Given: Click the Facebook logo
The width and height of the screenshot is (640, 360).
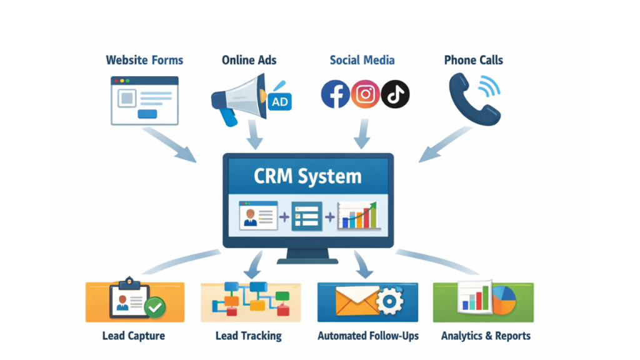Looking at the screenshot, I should tap(335, 94).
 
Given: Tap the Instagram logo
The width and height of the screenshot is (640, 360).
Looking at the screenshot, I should tap(366, 94).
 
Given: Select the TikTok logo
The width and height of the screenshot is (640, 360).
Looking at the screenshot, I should tap(395, 94).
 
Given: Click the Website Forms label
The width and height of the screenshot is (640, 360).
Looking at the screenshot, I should tap(144, 61).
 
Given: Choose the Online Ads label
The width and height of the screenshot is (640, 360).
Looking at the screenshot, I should tap(249, 61).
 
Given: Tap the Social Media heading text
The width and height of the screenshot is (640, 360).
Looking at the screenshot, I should tap(362, 61).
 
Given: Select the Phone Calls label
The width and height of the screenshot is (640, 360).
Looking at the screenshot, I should tap(473, 61).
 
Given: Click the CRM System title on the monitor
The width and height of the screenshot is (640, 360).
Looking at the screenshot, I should tap(307, 176).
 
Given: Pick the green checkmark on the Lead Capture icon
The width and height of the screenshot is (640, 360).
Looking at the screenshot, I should tap(154, 307).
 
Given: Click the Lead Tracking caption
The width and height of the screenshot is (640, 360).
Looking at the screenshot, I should tap(248, 336).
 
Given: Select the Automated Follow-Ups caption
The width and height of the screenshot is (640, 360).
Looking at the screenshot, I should tap(368, 336).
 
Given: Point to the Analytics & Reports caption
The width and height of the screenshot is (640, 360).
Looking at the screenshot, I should tap(486, 336).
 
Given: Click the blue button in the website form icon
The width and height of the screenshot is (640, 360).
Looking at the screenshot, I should tap(147, 114).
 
